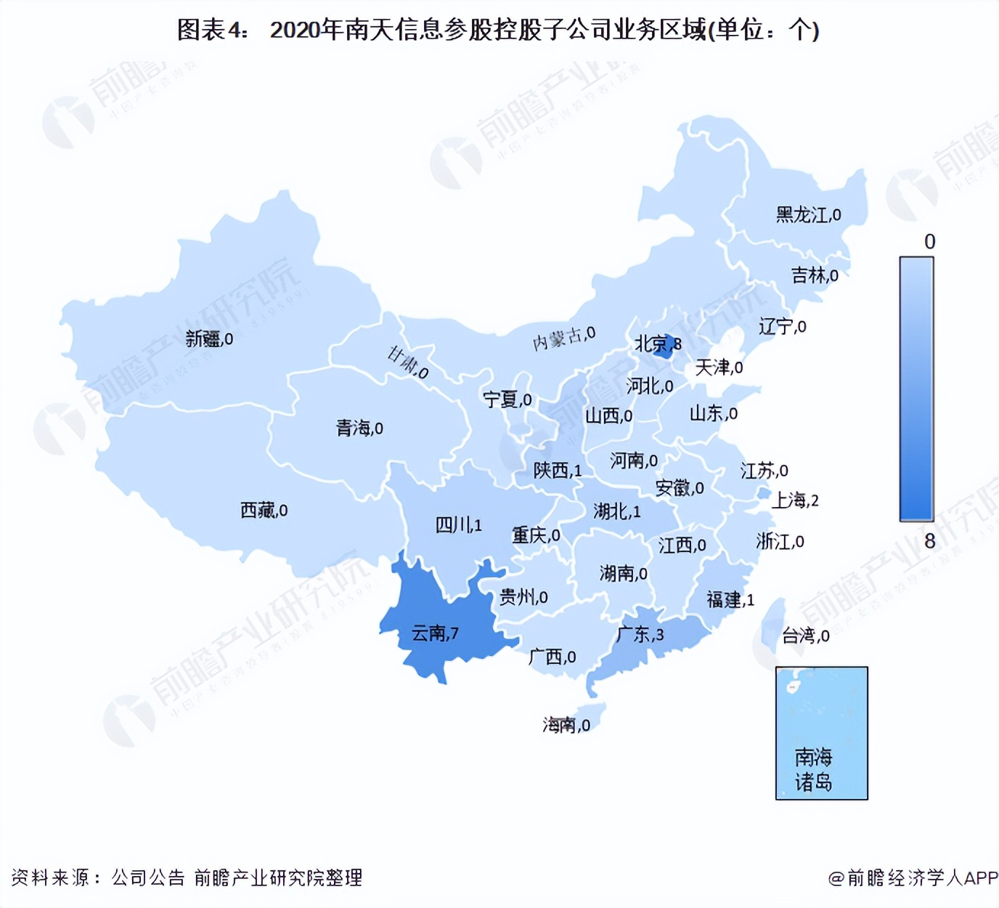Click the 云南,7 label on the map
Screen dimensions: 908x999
point(435,633)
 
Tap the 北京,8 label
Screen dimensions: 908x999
point(658,344)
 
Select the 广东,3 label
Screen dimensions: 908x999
point(640,634)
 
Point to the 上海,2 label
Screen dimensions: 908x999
point(795,500)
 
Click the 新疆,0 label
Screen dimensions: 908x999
point(209,339)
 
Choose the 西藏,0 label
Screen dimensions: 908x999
point(264,511)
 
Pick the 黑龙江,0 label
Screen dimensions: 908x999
point(808,215)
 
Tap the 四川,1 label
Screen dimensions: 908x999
point(458,524)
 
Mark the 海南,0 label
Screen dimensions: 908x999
point(566,725)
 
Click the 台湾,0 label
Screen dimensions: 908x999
point(805,636)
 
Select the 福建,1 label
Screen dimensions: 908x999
point(730,600)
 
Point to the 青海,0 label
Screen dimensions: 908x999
point(359,429)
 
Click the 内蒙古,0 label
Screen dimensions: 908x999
point(564,339)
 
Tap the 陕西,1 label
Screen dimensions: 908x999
point(558,471)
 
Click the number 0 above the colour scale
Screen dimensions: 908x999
point(929,242)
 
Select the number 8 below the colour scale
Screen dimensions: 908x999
point(929,541)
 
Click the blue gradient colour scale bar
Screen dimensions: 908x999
point(916,389)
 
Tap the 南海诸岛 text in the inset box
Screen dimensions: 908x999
point(813,770)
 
